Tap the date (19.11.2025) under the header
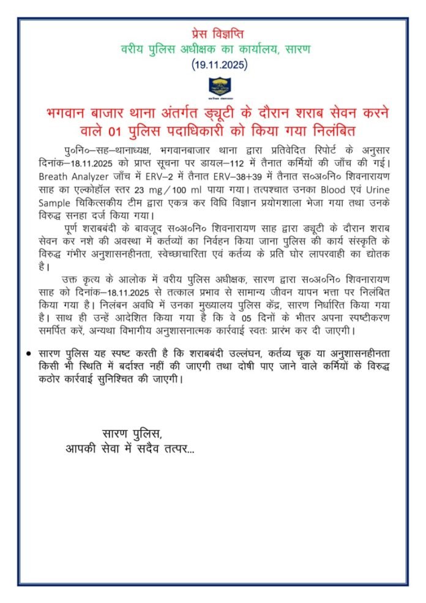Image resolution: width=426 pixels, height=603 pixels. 212,63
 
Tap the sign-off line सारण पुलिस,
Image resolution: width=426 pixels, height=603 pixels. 132,435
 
